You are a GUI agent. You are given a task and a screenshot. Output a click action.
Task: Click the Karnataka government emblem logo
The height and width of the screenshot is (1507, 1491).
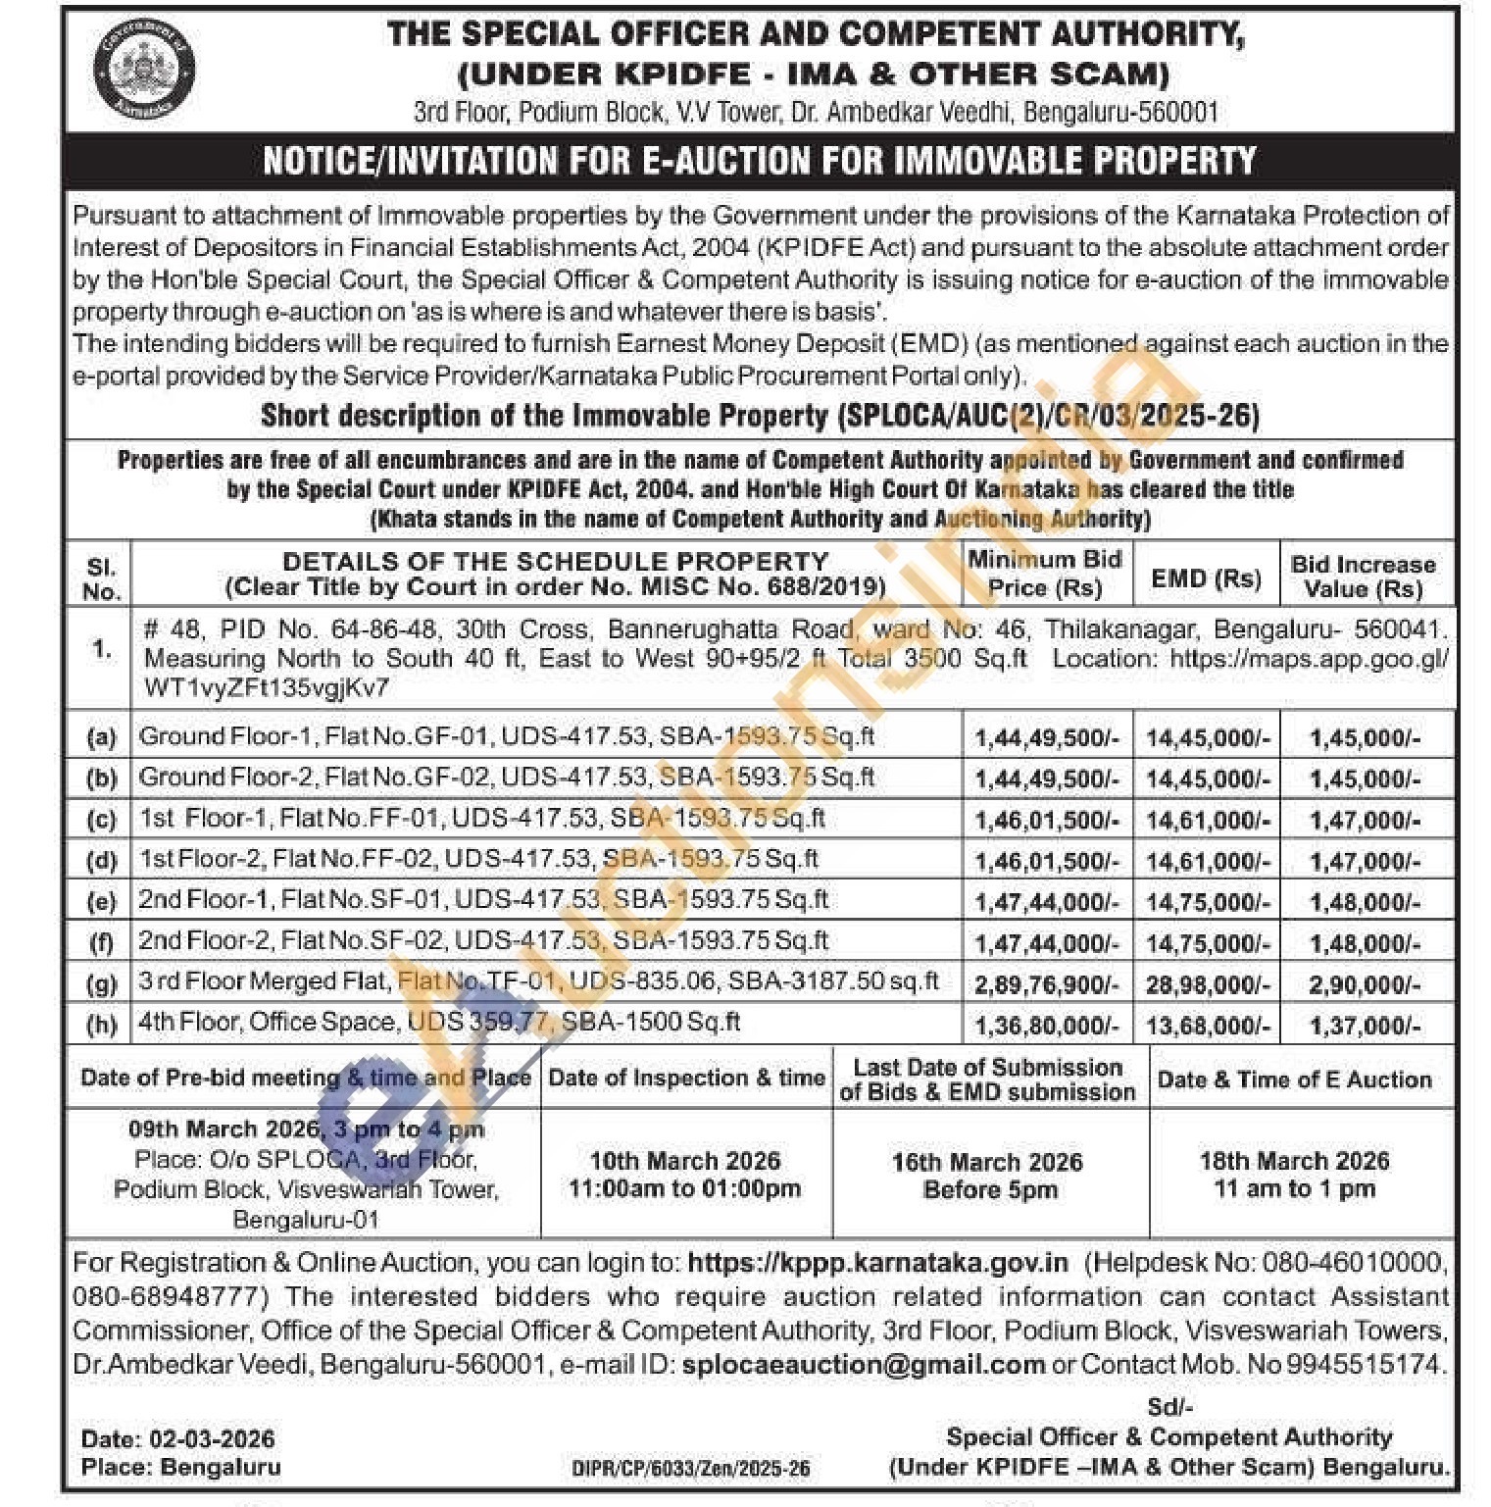143,70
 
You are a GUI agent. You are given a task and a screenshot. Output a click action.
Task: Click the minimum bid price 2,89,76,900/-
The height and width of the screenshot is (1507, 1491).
1046,984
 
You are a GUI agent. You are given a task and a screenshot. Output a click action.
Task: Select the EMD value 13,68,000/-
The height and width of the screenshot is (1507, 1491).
1208,1026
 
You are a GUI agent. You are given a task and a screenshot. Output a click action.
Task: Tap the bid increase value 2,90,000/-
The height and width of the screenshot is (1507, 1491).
1364,984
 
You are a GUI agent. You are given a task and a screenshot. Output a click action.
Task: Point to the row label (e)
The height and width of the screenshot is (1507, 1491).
101,901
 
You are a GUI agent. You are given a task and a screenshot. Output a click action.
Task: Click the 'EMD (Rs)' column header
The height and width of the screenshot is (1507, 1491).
1206,578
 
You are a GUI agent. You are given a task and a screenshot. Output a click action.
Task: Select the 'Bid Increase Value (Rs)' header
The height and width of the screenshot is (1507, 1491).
1363,577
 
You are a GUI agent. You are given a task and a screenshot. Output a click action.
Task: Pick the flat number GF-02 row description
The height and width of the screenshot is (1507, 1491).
506,778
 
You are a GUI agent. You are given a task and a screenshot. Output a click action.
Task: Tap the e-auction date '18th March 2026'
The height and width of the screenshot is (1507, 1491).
1294,1161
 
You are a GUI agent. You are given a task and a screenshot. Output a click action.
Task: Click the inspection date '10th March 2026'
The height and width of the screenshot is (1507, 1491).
684,1161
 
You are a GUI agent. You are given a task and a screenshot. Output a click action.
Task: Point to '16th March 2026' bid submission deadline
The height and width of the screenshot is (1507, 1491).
987,1162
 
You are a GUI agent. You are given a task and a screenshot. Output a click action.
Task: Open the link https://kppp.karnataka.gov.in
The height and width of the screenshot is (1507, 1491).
877,1263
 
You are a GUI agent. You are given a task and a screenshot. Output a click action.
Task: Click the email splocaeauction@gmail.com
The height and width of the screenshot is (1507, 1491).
863,1365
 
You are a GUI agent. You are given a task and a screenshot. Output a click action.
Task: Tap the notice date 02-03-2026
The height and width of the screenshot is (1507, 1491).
212,1439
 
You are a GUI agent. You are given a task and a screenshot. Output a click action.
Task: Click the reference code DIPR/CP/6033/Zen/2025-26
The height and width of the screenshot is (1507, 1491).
691,1468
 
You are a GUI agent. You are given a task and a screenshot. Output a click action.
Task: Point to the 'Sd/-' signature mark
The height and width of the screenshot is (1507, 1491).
1169,1407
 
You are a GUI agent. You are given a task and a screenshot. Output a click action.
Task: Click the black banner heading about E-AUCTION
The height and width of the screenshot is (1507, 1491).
760,161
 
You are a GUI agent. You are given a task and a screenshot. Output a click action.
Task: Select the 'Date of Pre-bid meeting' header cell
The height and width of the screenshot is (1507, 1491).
305,1078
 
